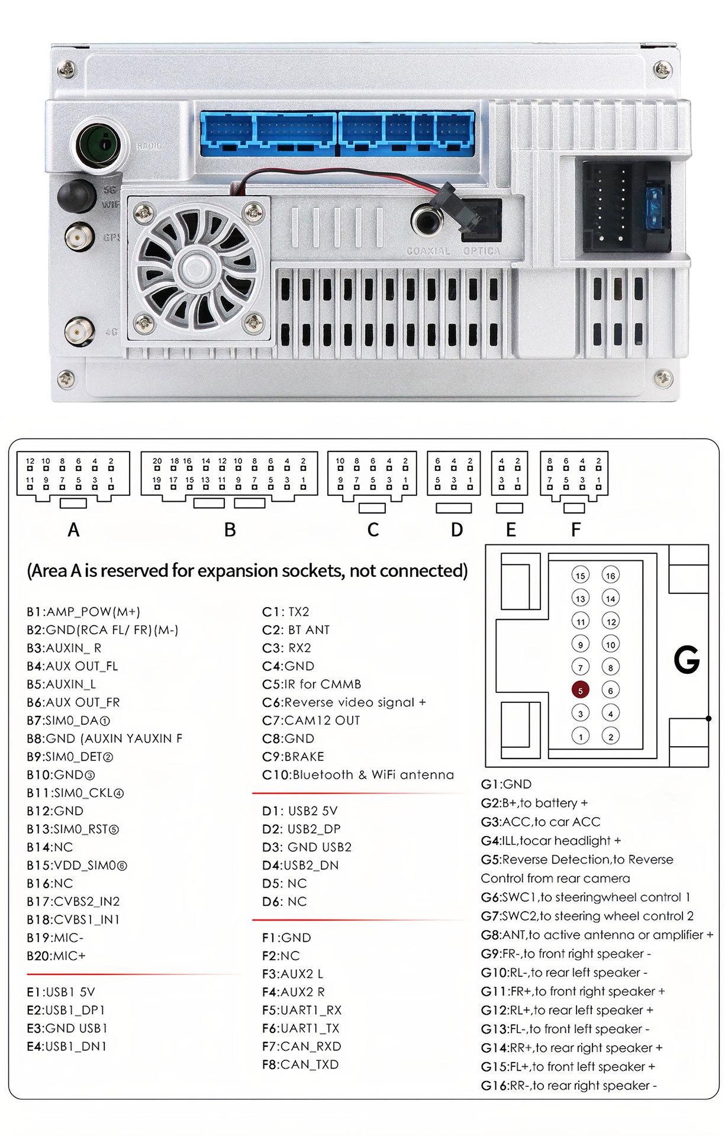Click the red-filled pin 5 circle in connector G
click(580, 690)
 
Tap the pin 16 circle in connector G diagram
click(610, 575)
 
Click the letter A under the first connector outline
click(73, 530)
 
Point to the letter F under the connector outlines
click(575, 530)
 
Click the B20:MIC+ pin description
click(56, 956)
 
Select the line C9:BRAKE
click(293, 757)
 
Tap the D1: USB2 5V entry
click(299, 811)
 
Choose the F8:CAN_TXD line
click(300, 1064)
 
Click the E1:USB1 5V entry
click(60, 992)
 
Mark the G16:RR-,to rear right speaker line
click(569, 1086)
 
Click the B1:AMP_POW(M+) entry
click(83, 612)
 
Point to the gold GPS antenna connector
click(79, 238)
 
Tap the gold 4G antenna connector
click(79, 331)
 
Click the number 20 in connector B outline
click(157, 461)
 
